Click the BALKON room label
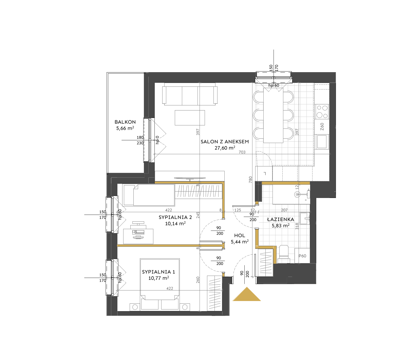coord(125,122)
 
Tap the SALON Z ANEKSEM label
coord(225,142)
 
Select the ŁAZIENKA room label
coord(280,219)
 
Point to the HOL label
coord(240,235)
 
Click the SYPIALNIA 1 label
coord(158,272)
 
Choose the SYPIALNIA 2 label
coord(175,217)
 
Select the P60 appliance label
coord(302,256)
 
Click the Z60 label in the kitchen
coord(322,126)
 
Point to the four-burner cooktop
coord(322,112)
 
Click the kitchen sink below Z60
coord(322,142)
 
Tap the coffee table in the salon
coord(190,118)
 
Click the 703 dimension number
coord(242,152)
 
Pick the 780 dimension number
coord(250,180)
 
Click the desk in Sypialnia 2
coord(138,236)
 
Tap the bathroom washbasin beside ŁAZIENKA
coord(305,218)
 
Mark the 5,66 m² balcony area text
coord(125,128)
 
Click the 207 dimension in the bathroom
coord(284,210)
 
